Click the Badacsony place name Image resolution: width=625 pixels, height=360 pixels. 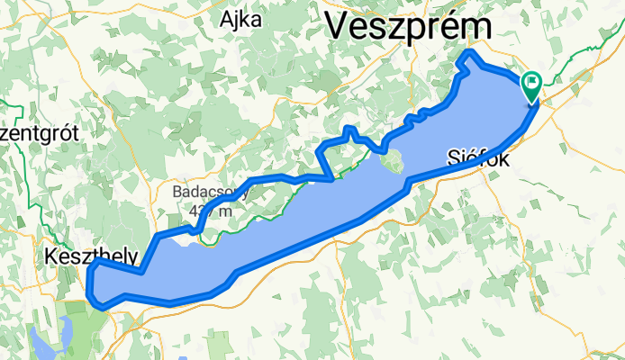pyautogui.click(x=206, y=192)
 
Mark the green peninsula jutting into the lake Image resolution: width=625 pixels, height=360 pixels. pyautogui.click(x=391, y=164)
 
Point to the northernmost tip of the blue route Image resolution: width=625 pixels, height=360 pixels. pyautogui.click(x=467, y=56)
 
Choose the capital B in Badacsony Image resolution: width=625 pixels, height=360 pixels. pyautogui.click(x=177, y=192)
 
